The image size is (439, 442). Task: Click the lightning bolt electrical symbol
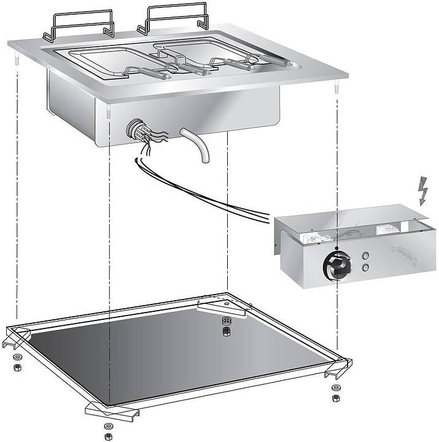pyautogui.click(x=422, y=191)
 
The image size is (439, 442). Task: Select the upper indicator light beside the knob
pyautogui.click(x=367, y=256)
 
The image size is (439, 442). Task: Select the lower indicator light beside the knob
pyautogui.click(x=367, y=268)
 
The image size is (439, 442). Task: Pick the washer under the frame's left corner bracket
pyautogui.click(x=15, y=357)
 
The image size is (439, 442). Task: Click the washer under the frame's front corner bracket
pyautogui.click(x=108, y=426)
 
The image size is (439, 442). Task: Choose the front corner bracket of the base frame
pyautogui.click(x=111, y=409)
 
